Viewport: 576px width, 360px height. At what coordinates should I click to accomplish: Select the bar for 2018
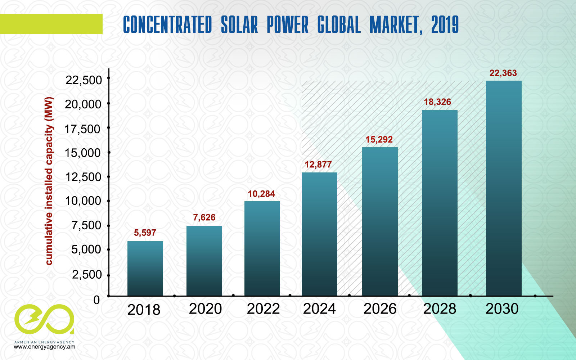pos(145,269)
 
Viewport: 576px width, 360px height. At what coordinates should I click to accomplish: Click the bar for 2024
pos(319,234)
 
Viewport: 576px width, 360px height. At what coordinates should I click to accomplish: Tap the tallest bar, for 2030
pos(504,188)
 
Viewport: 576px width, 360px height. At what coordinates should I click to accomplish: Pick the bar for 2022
pos(262,248)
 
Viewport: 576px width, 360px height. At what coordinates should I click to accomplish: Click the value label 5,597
pos(145,233)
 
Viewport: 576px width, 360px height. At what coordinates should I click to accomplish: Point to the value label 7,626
pos(204,217)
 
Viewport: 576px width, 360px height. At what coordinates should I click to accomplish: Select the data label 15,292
pos(379,140)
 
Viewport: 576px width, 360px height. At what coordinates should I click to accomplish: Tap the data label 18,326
pos(437,102)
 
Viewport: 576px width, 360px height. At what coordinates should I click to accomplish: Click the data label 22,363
pos(503,73)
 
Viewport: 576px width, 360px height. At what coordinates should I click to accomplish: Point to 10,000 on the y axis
pos(83,201)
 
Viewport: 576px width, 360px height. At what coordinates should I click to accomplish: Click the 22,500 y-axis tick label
pos(84,80)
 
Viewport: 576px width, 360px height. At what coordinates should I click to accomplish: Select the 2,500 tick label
pos(87,275)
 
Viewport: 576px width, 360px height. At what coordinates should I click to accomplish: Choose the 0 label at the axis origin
pos(96,300)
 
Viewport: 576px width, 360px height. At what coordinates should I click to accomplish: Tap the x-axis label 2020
pos(205,309)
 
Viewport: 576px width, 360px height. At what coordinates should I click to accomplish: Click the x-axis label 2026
pos(380,309)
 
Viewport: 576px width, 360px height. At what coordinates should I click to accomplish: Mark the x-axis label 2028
pos(440,309)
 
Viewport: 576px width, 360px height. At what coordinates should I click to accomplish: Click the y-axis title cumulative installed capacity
pos(49,181)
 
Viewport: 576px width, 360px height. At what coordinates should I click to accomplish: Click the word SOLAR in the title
pos(239,25)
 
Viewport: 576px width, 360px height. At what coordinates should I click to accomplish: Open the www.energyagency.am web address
pos(45,347)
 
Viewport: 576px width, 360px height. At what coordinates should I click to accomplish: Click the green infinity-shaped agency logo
pos(44,319)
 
